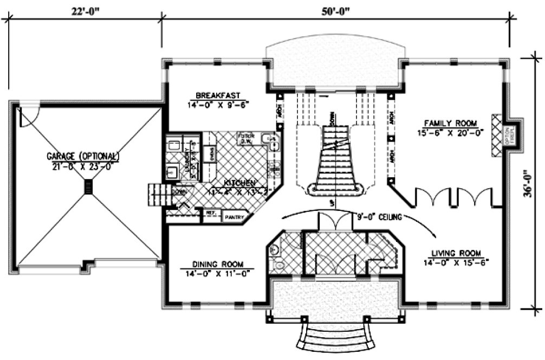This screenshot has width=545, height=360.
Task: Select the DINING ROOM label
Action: [217, 265]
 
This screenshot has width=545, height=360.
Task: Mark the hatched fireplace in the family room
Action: [496, 136]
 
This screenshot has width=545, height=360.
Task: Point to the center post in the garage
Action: [88, 187]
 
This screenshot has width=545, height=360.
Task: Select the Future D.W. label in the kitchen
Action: [247, 138]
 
